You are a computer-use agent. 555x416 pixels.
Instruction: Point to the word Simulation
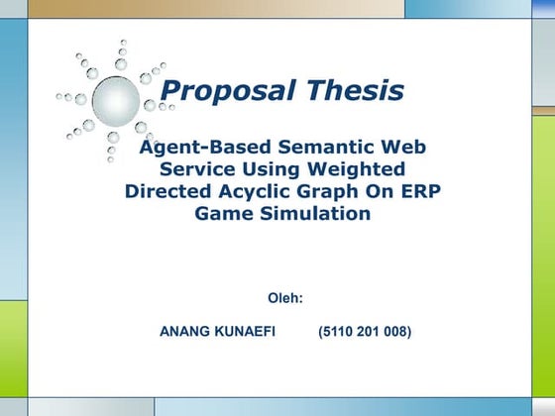click(x=314, y=213)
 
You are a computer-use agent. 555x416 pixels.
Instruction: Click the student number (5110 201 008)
click(x=365, y=332)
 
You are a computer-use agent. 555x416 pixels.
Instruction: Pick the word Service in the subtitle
click(x=201, y=169)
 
